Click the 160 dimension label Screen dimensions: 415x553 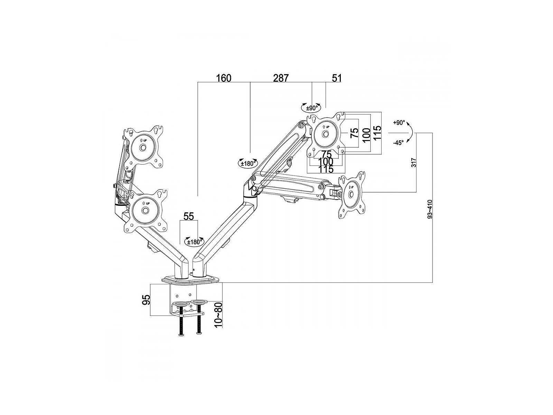224,78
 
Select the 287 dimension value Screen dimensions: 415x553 281,78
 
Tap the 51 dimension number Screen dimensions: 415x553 336,78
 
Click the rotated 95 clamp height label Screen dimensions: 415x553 147,299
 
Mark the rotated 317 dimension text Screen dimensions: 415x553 414,163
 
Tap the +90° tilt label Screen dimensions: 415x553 399,123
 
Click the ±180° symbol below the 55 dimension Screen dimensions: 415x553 194,242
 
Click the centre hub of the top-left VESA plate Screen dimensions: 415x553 142,148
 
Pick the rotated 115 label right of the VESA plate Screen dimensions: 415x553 377,132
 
